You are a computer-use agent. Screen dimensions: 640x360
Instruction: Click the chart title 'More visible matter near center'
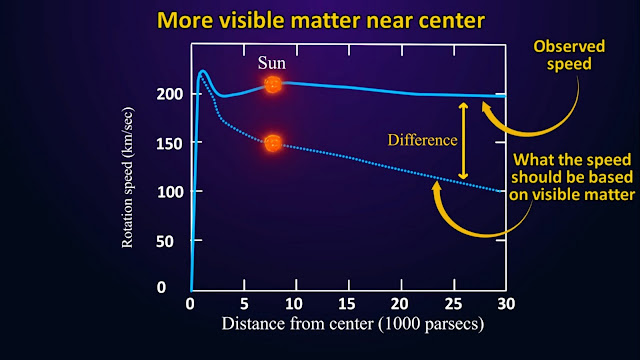[x=321, y=20]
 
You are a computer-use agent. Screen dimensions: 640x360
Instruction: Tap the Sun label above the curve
[x=272, y=63]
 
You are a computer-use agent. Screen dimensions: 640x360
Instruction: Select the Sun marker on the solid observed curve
[x=273, y=85]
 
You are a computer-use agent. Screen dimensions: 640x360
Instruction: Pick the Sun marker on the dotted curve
[x=273, y=143]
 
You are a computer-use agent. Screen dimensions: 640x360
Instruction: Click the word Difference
[x=422, y=140]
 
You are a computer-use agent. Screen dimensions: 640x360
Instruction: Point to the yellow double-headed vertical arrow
[x=463, y=141]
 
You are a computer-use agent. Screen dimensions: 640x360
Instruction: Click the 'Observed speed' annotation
[x=569, y=55]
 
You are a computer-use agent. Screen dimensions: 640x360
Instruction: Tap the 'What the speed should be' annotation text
[x=572, y=177]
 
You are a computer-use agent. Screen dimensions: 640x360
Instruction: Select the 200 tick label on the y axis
[x=170, y=94]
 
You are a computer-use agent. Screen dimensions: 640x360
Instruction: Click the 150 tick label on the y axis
[x=169, y=144]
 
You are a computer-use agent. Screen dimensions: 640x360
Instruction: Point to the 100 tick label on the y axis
[x=170, y=192]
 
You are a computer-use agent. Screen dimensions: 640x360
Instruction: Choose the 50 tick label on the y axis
[x=164, y=241]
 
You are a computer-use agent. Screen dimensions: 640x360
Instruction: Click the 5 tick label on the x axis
[x=244, y=304]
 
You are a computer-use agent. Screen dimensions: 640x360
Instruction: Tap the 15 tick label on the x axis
[x=347, y=304]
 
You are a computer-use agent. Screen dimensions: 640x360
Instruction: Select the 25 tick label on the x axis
[x=453, y=304]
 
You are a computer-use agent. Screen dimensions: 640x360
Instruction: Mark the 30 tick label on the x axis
[x=506, y=304]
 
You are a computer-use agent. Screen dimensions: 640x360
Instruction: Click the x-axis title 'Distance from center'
[x=353, y=324]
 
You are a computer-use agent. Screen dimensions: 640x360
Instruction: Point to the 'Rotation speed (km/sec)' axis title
[x=127, y=178]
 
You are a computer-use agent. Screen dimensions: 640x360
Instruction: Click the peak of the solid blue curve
[x=202, y=71]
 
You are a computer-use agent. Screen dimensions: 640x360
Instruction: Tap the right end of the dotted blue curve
[x=500, y=191]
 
